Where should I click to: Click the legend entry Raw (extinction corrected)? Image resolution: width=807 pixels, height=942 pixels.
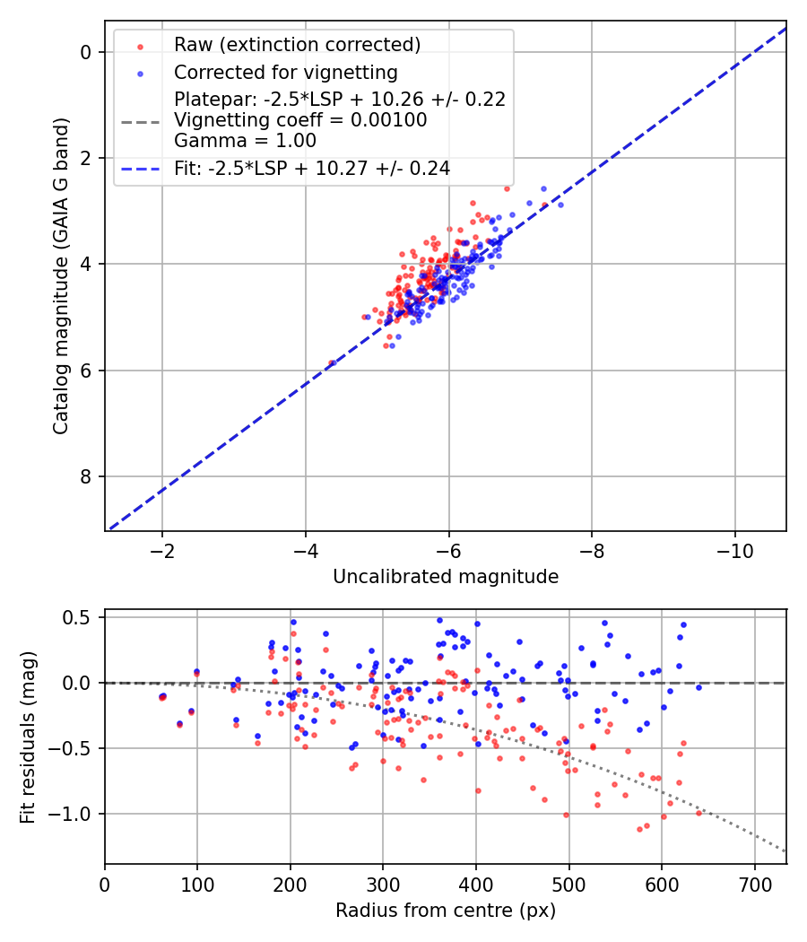[x=298, y=45]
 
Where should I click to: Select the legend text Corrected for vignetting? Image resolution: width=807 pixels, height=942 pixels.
[x=286, y=72]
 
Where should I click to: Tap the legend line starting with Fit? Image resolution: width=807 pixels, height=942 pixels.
[x=312, y=168]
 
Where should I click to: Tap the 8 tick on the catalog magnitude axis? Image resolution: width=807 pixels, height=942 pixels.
[x=87, y=476]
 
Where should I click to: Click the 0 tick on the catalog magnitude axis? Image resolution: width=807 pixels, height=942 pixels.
[x=87, y=52]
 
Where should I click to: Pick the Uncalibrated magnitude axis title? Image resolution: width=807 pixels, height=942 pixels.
[x=446, y=577]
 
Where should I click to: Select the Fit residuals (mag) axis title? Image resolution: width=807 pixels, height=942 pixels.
[x=28, y=737]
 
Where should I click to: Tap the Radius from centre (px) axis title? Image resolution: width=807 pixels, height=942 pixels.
[x=446, y=911]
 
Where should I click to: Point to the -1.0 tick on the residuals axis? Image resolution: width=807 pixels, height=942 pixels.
[x=74, y=814]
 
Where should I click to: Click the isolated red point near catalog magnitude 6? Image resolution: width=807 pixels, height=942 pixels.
[x=332, y=362]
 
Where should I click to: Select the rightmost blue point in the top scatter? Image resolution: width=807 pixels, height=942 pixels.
[x=560, y=205]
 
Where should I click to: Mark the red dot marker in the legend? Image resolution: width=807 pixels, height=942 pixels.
[x=140, y=45]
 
